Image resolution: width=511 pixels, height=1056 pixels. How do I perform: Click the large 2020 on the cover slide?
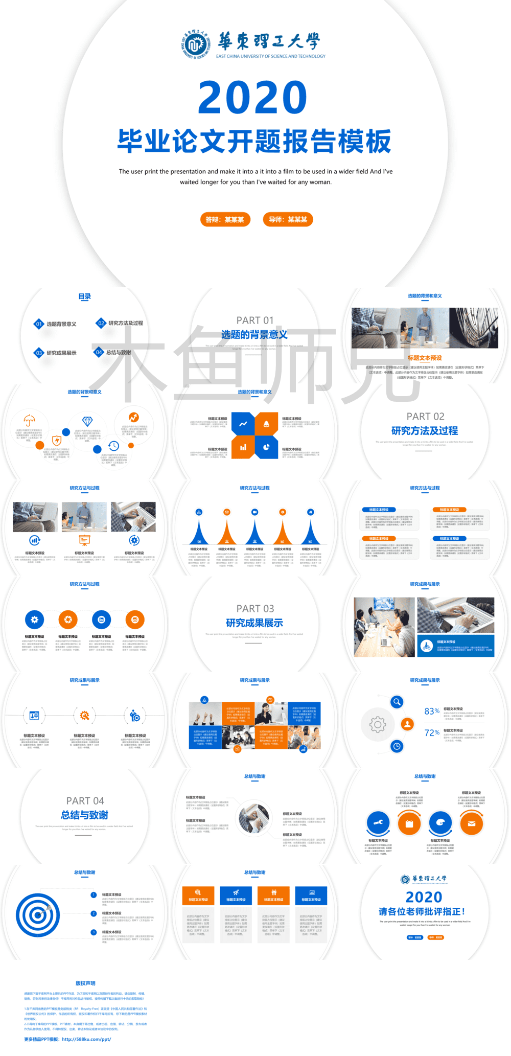point(252,98)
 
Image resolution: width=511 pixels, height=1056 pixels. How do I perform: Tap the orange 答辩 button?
point(225,219)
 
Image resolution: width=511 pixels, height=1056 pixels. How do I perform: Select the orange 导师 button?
point(288,219)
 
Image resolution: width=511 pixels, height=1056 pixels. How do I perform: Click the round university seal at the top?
point(195,44)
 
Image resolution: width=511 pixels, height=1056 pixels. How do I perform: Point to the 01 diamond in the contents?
point(39,324)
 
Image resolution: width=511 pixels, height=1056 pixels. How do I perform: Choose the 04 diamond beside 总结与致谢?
point(99,352)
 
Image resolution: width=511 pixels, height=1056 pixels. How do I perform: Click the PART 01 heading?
point(255,320)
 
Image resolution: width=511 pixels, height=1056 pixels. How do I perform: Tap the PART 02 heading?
point(425,417)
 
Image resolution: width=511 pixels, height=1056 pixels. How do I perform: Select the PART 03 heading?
point(255,609)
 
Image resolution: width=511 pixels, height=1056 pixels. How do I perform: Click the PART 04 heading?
point(85,801)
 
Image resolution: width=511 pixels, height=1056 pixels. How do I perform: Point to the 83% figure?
point(432,711)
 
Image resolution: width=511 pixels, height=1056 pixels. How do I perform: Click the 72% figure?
point(432,733)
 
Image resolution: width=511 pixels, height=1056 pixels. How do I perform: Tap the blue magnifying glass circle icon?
point(397,702)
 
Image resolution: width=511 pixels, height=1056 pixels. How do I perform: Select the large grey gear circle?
point(378,724)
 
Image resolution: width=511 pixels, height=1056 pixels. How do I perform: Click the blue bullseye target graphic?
point(38,915)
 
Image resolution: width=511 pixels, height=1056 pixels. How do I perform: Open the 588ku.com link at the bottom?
point(86,1039)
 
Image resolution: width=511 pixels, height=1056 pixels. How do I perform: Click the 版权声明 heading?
point(85,983)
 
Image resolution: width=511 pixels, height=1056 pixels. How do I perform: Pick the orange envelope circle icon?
point(471,823)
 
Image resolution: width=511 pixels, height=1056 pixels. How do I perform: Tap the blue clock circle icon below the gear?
point(397,746)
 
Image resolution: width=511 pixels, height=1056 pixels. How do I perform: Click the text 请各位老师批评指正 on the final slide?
point(422,911)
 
